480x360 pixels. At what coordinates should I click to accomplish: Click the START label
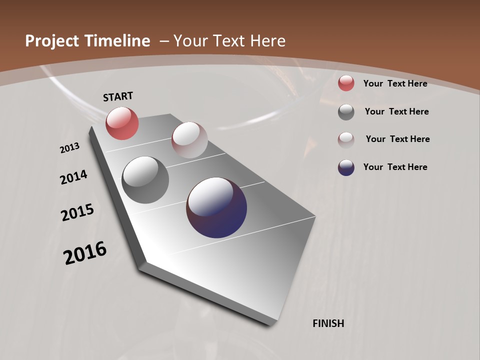click(x=118, y=96)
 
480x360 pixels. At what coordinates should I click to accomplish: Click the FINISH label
click(x=328, y=323)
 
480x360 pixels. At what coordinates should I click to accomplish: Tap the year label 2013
click(x=69, y=148)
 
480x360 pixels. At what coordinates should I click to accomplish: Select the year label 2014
click(x=73, y=177)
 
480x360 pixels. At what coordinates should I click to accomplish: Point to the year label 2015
click(x=77, y=212)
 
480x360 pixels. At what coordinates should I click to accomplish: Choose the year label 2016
click(x=85, y=253)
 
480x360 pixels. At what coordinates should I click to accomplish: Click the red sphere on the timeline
click(x=122, y=123)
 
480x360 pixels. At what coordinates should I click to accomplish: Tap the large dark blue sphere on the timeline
click(x=216, y=207)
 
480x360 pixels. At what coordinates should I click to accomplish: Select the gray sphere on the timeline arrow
click(x=145, y=180)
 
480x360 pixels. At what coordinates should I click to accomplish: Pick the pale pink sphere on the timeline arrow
click(x=189, y=140)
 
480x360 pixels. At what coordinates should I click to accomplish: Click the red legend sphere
click(x=346, y=83)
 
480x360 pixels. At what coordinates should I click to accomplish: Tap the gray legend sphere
click(x=346, y=112)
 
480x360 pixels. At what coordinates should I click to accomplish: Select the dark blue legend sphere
click(x=346, y=167)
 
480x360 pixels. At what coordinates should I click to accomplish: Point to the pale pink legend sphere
click(x=346, y=139)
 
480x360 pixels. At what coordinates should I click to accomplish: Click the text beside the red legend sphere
click(x=395, y=83)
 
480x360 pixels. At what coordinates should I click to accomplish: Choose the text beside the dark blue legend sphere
click(x=395, y=167)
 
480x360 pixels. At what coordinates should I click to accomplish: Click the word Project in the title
click(x=52, y=41)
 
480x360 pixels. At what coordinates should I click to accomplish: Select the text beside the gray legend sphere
click(x=396, y=111)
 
